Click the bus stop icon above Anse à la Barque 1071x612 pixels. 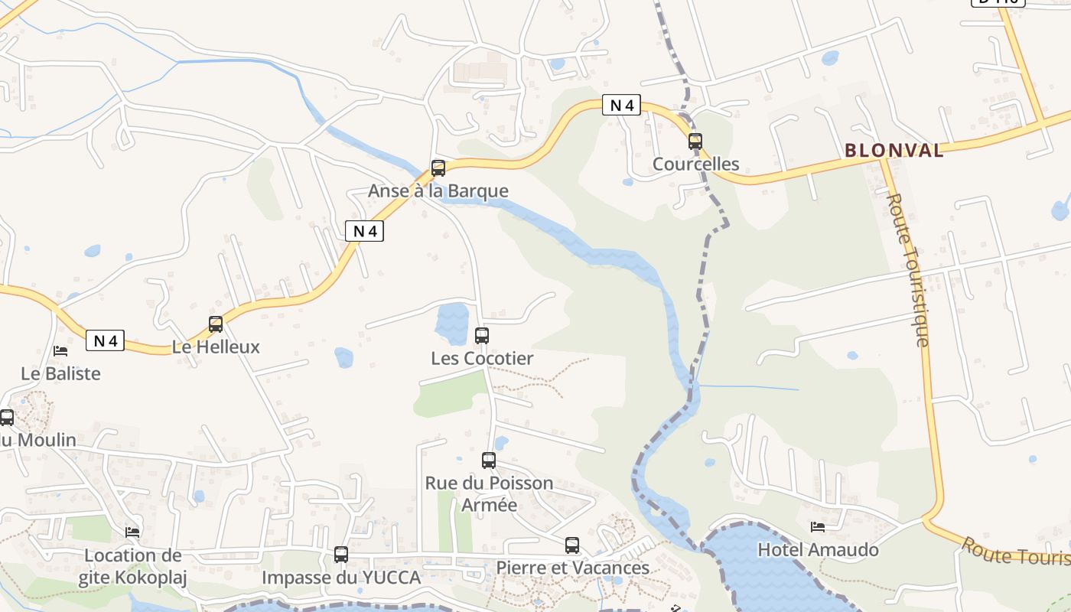(x=438, y=168)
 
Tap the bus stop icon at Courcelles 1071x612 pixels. (x=695, y=142)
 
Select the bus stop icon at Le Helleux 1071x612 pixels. (x=216, y=324)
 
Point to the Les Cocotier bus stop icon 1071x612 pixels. (x=482, y=336)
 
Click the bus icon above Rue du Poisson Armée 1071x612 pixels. (x=489, y=461)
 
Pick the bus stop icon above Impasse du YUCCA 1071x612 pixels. (x=341, y=555)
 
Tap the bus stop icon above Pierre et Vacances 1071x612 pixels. (x=572, y=545)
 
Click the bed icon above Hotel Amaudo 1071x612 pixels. (x=818, y=527)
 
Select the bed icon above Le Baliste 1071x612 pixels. (x=60, y=351)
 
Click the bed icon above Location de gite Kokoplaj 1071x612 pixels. (x=132, y=532)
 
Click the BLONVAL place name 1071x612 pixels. (x=894, y=150)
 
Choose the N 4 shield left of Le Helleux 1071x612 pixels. (x=105, y=340)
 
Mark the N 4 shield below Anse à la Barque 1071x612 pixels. (x=364, y=231)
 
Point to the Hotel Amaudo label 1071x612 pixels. (x=818, y=550)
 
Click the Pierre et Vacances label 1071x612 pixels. (x=572, y=568)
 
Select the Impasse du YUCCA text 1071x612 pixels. (x=341, y=578)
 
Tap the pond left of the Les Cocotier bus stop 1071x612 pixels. (x=452, y=323)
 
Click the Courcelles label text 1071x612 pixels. (x=695, y=164)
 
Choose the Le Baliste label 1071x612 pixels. (x=60, y=374)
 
